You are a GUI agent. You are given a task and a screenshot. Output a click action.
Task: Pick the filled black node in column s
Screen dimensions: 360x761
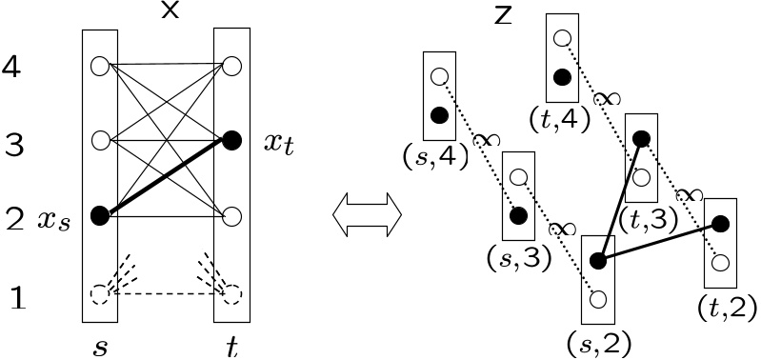point(99,216)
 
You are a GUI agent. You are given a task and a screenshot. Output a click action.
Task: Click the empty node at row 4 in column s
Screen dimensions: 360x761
point(99,67)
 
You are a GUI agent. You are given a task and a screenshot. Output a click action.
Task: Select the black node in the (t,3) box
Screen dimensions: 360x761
point(641,139)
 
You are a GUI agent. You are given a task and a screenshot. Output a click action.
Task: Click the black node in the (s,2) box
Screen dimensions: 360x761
point(598,261)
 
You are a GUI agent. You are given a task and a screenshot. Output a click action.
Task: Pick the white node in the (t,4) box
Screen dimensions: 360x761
point(562,39)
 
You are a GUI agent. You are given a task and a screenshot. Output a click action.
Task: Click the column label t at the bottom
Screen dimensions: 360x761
point(231,347)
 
